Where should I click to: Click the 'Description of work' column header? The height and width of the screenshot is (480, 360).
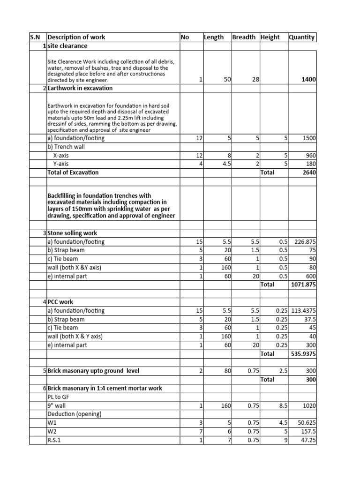[76, 37]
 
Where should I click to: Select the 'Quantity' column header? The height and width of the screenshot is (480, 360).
[302, 37]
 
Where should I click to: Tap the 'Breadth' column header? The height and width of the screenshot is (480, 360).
[244, 37]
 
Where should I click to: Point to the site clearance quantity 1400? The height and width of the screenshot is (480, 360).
[308, 80]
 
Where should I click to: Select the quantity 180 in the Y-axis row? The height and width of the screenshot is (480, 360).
[311, 164]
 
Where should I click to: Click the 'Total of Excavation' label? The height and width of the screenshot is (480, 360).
[73, 172]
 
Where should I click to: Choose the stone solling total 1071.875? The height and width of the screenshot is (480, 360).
[303, 285]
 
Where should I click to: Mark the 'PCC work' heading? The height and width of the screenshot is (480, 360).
[60, 302]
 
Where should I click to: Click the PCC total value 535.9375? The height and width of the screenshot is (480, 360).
[303, 353]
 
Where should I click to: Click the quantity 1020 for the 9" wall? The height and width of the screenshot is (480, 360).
[309, 405]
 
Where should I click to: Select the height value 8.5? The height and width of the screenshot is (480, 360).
[282, 405]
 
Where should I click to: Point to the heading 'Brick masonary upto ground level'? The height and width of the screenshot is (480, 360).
[93, 371]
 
